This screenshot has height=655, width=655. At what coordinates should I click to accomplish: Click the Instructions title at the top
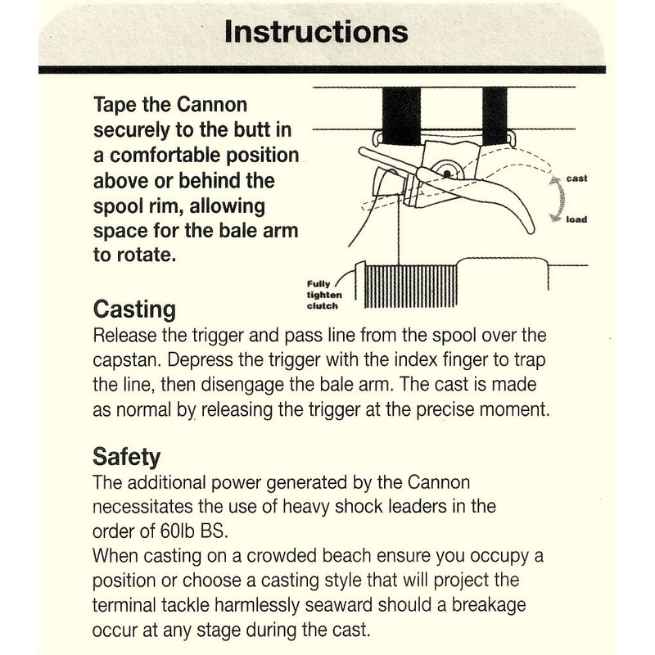click(316, 33)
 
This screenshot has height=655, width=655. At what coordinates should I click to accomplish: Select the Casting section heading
click(135, 311)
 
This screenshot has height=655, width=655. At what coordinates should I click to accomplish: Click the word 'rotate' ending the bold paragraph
click(146, 254)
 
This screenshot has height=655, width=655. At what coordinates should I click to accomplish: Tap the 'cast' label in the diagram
click(577, 178)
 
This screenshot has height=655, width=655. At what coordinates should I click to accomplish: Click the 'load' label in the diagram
click(576, 219)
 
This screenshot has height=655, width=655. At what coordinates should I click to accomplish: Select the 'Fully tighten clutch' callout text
click(324, 295)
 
